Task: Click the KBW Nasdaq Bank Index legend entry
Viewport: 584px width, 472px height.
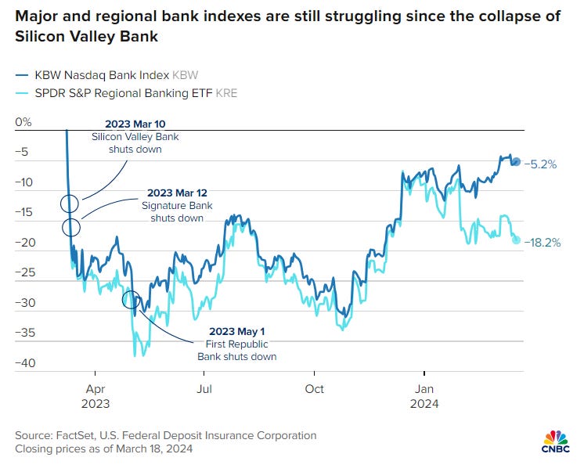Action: point(106,74)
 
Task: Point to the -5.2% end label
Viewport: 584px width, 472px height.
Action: point(540,164)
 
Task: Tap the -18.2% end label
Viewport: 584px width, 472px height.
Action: point(543,243)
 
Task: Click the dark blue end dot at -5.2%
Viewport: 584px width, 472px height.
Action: point(515,162)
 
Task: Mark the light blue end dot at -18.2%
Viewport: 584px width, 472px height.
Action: point(516,240)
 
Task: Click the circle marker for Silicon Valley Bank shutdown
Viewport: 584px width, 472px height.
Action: point(70,204)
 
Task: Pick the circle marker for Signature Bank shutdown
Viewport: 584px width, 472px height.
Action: point(71,228)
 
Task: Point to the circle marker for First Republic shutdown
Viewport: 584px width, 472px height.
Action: point(132,299)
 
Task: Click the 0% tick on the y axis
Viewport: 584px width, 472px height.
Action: point(23,122)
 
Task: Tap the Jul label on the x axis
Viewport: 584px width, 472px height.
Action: point(204,389)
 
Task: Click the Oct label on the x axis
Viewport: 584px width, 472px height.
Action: point(315,389)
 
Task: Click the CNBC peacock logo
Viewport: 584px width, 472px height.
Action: point(557,440)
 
